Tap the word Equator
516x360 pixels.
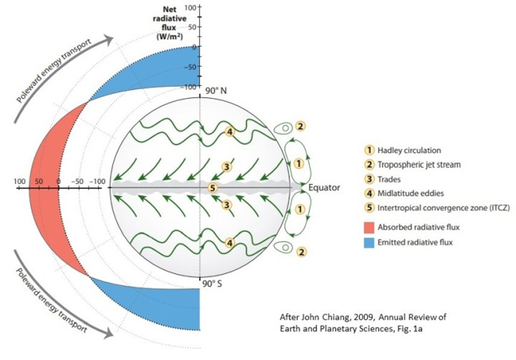click(326, 189)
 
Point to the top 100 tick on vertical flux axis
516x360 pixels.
click(191, 7)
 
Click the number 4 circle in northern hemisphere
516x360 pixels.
click(229, 132)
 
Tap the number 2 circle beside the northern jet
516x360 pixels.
click(300, 126)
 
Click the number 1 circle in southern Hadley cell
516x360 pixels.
click(300, 210)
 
